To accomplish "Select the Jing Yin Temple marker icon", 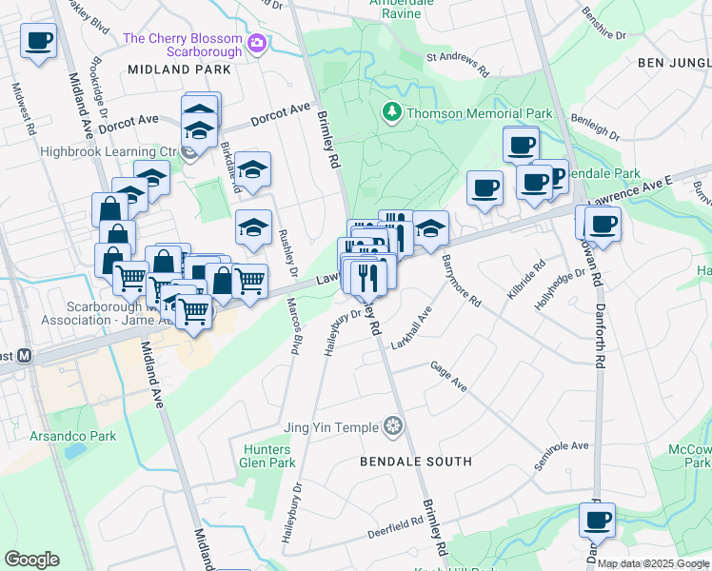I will [392, 426].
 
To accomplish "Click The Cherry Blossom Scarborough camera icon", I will [256, 43].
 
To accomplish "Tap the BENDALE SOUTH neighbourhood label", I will [415, 462].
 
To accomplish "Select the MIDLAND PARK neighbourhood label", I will [179, 69].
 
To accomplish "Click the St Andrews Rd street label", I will [457, 64].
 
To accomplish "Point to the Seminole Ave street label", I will [562, 455].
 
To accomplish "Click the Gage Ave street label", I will [448, 376].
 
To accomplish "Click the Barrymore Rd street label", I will [461, 282].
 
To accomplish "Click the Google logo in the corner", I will [31, 560].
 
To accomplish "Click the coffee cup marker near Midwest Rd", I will [38, 42].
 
